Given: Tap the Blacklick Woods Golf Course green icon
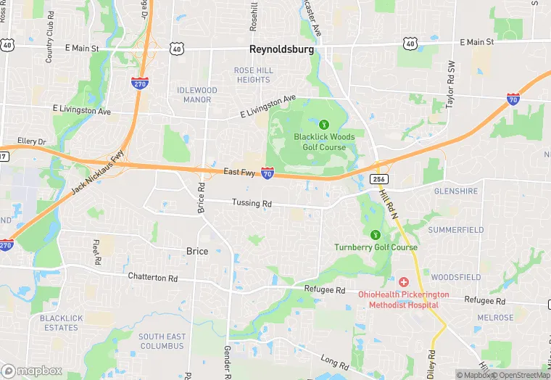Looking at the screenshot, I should pyautogui.click(x=324, y=123).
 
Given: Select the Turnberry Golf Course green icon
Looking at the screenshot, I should pyautogui.click(x=376, y=234).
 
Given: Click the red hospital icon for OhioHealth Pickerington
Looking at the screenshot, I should pyautogui.click(x=403, y=281).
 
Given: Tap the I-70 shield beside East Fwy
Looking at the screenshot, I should pyautogui.click(x=268, y=173).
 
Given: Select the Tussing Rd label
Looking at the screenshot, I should pyautogui.click(x=251, y=203).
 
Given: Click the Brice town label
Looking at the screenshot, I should pyautogui.click(x=196, y=252).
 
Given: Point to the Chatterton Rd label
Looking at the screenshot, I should pyautogui.click(x=152, y=278).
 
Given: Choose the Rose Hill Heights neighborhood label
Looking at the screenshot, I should pyautogui.click(x=252, y=75).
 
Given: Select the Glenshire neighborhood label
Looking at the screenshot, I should pyautogui.click(x=455, y=191).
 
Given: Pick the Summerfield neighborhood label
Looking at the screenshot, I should pyautogui.click(x=455, y=230).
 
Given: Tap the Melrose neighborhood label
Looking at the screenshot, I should pyautogui.click(x=495, y=318).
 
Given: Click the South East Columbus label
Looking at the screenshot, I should pyautogui.click(x=162, y=341).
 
